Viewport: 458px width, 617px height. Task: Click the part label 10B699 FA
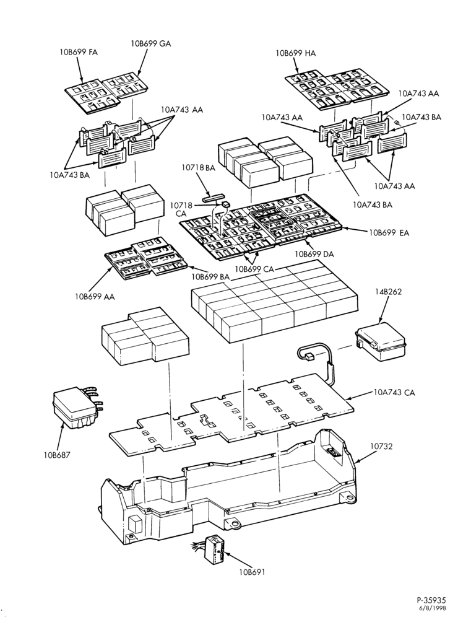click(x=79, y=52)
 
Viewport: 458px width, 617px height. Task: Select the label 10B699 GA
click(x=151, y=44)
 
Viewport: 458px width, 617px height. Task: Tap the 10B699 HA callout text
click(x=296, y=53)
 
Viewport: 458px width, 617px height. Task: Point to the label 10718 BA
click(x=199, y=168)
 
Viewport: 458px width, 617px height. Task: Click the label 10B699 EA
click(x=389, y=233)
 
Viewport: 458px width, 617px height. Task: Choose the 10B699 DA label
click(x=314, y=254)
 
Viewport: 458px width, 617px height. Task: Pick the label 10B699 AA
click(x=95, y=297)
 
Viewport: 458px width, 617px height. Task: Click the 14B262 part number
click(x=389, y=292)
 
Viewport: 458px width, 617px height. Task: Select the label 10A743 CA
click(x=394, y=392)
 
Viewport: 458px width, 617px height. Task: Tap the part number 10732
click(x=381, y=447)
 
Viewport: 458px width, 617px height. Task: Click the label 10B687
click(x=57, y=455)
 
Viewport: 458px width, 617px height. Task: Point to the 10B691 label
click(x=251, y=572)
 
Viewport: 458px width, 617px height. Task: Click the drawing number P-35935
click(x=431, y=600)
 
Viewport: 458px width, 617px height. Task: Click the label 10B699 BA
click(x=210, y=277)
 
